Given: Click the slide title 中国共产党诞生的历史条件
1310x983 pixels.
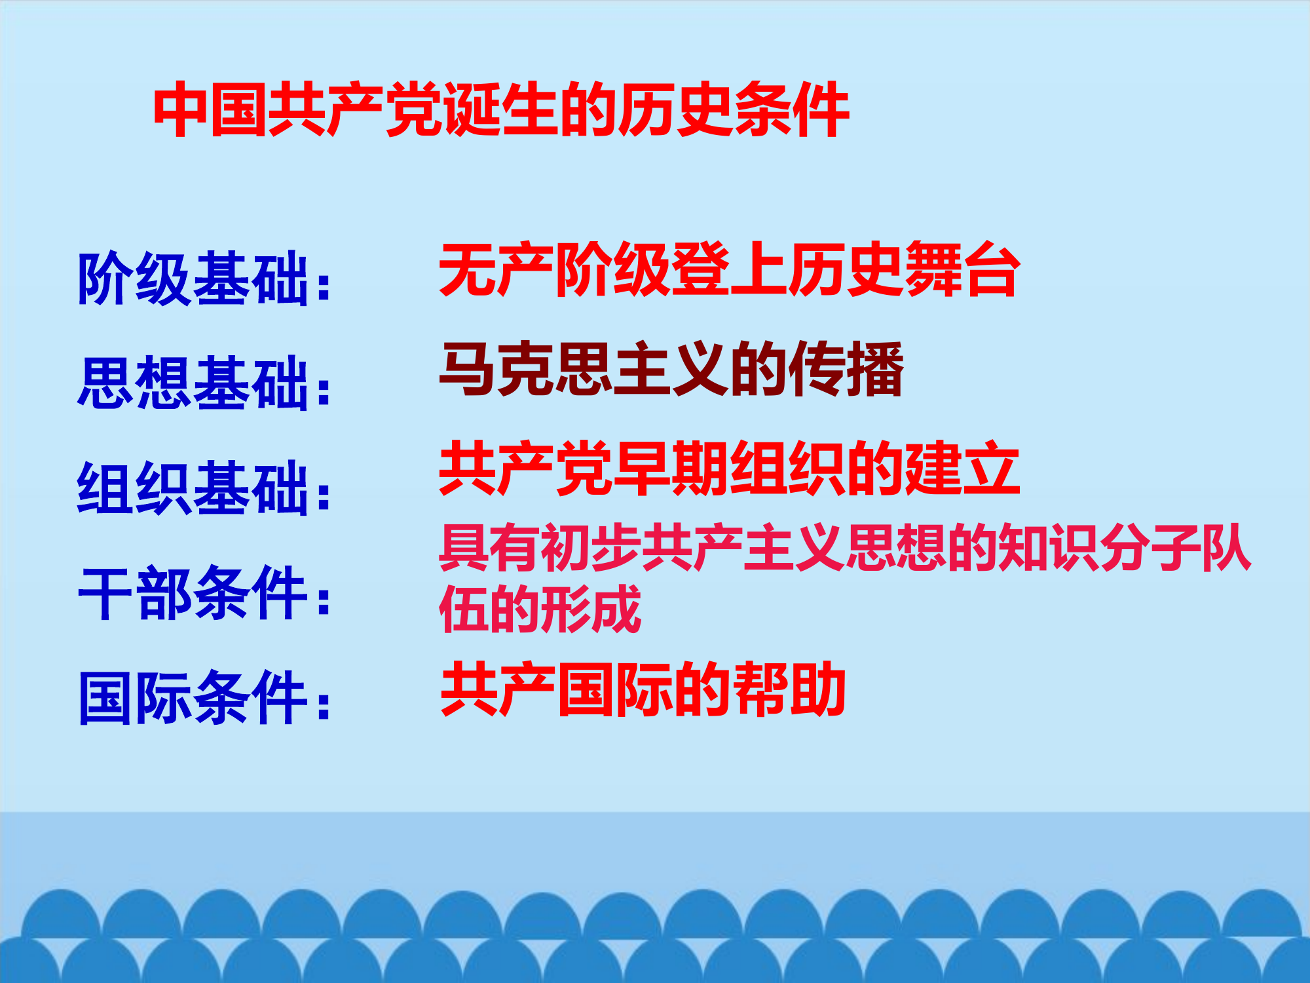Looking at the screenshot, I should coord(501,110).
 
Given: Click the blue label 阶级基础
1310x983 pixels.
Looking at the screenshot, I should coord(193,279).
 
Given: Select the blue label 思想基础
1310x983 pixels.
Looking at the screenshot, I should coord(193,383).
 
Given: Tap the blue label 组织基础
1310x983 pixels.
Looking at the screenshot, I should coord(193,488).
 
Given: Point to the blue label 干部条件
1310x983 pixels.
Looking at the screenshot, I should coord(193,593).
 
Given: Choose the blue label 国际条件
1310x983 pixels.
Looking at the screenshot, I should coord(193,698).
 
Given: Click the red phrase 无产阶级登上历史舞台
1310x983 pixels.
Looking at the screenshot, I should coord(729,269).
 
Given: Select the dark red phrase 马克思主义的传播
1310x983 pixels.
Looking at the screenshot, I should coord(671,370).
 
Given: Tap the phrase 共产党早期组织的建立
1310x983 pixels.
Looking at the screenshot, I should coord(729,468).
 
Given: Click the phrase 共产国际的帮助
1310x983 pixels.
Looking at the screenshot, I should coord(643,689).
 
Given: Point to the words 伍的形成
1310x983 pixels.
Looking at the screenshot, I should coord(540,609).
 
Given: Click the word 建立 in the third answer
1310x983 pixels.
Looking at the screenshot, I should coord(962,468).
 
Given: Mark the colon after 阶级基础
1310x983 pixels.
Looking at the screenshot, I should coord(323,286).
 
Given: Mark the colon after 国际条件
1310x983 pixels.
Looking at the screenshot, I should coord(323,706).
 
